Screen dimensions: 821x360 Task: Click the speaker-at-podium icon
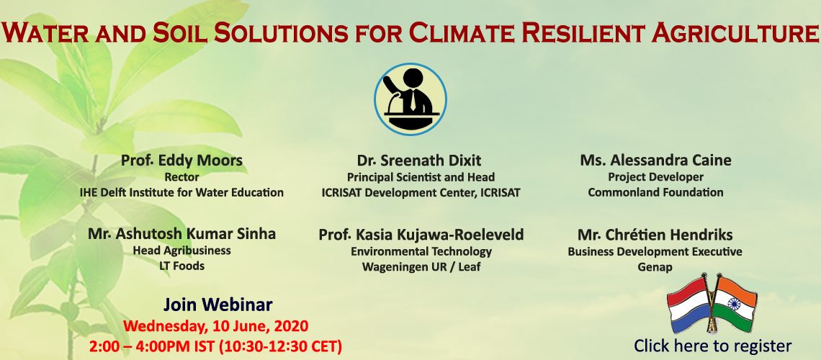click(x=410, y=99)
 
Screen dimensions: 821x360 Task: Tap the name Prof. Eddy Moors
click(x=181, y=160)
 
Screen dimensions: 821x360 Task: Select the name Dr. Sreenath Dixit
click(x=419, y=160)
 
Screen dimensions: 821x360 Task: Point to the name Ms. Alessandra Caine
click(x=655, y=160)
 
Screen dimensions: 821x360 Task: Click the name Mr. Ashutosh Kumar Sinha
click(x=181, y=234)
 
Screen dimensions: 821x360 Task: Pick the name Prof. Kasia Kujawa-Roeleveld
click(x=421, y=235)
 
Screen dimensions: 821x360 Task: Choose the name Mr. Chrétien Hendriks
click(x=655, y=234)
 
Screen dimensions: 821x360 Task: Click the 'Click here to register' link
click(x=713, y=346)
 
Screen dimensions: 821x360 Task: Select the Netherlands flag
click(x=688, y=305)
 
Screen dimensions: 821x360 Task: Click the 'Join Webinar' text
click(x=217, y=305)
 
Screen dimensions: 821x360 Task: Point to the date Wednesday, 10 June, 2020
click(x=216, y=326)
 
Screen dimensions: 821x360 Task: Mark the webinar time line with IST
click(x=216, y=346)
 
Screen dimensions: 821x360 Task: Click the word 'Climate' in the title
click(x=462, y=32)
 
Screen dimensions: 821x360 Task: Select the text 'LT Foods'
click(x=181, y=266)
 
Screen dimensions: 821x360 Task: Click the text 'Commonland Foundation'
click(x=655, y=192)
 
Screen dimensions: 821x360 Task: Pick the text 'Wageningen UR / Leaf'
click(x=421, y=267)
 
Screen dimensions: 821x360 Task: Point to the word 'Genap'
click(x=655, y=267)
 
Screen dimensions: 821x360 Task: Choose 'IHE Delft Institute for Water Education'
click(x=181, y=192)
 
